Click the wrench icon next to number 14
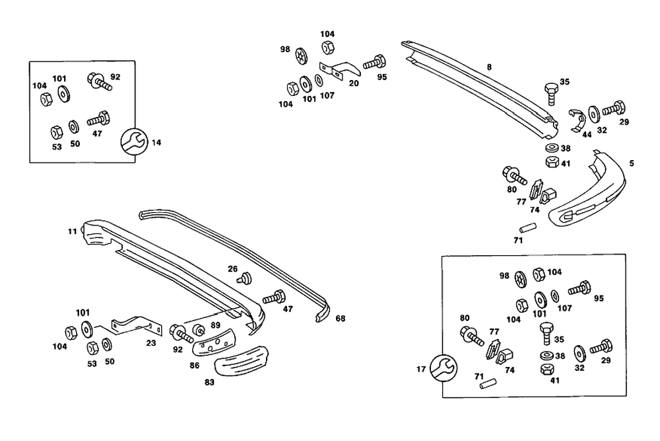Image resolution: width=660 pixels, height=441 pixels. point(135,141)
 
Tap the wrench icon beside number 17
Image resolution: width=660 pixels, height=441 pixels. point(442,368)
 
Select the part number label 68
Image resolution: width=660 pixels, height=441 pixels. point(340,319)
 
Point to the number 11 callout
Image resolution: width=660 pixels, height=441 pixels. point(72,231)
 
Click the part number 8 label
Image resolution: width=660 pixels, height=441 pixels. point(489,67)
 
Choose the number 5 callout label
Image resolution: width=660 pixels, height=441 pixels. point(632,163)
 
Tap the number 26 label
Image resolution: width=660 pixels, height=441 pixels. point(232,268)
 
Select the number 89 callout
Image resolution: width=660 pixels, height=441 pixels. point(215,325)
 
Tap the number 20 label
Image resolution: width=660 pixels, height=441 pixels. point(354,83)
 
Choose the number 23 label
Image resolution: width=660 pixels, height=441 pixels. point(151,344)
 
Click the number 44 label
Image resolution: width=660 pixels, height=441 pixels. point(586,134)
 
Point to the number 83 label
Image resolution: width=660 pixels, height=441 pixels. point(209,382)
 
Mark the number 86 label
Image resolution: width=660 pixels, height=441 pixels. point(194,364)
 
